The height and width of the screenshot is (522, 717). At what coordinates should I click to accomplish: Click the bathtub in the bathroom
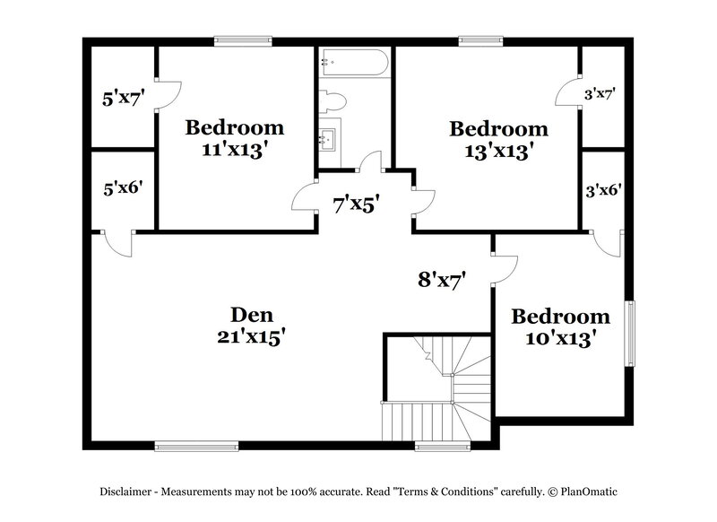click(354, 63)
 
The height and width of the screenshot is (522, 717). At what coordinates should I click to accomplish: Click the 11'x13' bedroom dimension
click(235, 149)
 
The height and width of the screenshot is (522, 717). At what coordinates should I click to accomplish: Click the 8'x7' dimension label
click(442, 280)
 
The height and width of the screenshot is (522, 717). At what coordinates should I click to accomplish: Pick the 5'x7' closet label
click(124, 98)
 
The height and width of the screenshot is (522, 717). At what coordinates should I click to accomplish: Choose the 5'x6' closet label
click(124, 188)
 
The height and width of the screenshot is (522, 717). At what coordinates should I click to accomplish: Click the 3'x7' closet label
click(599, 93)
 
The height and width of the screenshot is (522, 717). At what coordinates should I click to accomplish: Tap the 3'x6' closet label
click(603, 189)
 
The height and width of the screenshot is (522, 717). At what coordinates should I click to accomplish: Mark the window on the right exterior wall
click(629, 333)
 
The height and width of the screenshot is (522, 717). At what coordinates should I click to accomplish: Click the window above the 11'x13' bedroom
click(243, 39)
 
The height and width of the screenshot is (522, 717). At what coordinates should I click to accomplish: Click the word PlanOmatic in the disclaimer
click(588, 492)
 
